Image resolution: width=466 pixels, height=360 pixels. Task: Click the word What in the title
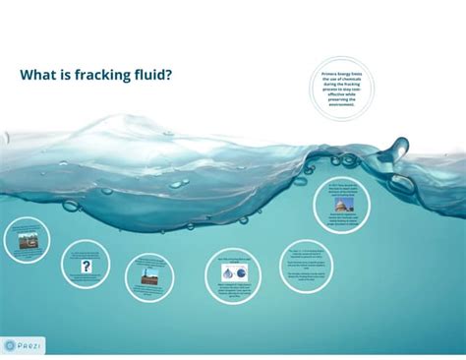pyautogui.click(x=42, y=75)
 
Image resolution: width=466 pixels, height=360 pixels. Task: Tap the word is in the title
pyautogui.click(x=77, y=75)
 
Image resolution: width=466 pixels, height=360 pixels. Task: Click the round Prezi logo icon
pyautogui.click(x=10, y=346)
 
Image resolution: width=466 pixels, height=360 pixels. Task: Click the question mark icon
pyautogui.click(x=87, y=267)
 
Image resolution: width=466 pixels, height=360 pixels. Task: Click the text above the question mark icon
pyautogui.click(x=87, y=254)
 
